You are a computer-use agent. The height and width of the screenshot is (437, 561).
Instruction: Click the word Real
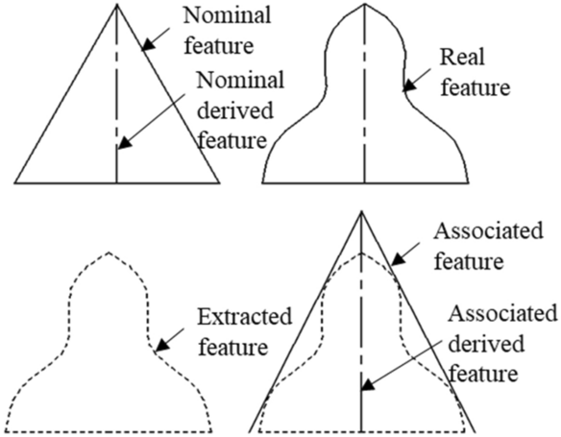461,59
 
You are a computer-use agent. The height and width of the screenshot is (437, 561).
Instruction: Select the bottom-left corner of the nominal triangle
16,182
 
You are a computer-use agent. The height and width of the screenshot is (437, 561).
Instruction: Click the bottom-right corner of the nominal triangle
217,182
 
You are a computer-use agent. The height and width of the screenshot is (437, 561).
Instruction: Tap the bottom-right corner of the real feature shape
466,182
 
